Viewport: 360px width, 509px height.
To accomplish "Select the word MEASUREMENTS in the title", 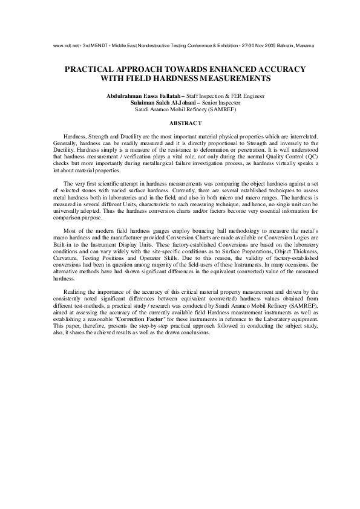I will point(231,79).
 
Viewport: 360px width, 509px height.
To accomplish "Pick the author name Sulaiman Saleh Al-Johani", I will point(159,103).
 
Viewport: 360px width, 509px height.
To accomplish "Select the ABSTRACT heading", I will point(180,123).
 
